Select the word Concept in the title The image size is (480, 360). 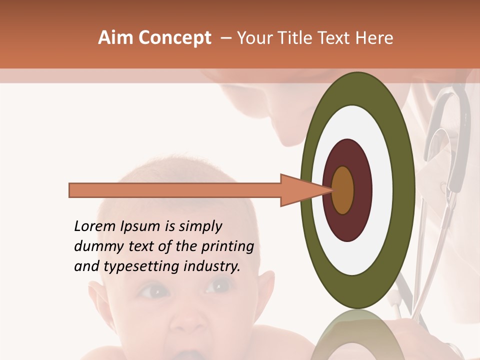(174, 38)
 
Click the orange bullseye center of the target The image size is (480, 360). (343, 190)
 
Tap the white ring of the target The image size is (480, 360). (383, 190)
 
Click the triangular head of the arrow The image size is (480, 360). (300, 190)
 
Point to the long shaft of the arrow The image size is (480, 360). (175, 190)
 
